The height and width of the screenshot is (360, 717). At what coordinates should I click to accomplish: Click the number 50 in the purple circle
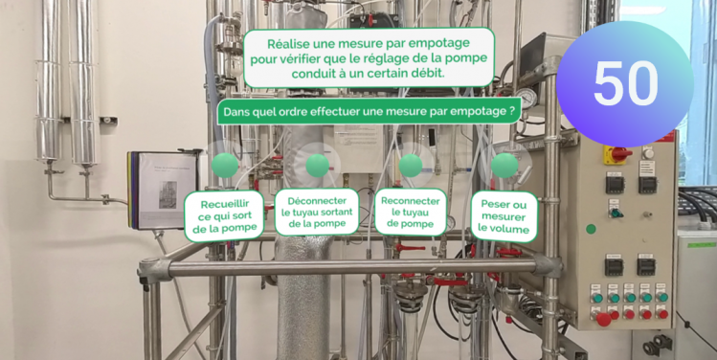click(625, 83)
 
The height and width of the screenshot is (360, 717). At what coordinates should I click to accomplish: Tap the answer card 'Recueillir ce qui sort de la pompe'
click(224, 216)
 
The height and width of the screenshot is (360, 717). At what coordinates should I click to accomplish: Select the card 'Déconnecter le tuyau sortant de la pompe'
click(317, 213)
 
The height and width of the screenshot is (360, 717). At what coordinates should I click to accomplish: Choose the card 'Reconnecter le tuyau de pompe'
click(410, 213)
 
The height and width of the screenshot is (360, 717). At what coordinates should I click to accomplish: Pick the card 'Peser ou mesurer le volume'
click(504, 216)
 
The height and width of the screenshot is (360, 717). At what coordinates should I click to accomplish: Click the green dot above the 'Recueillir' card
click(225, 165)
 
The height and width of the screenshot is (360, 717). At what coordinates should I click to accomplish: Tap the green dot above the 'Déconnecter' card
click(318, 165)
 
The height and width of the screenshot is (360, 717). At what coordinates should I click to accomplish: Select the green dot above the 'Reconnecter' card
click(411, 165)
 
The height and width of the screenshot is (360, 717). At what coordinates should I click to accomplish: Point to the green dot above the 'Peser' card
click(504, 165)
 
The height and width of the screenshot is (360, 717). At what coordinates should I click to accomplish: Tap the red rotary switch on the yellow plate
click(616, 154)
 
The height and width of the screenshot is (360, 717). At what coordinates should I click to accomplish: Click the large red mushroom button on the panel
click(603, 319)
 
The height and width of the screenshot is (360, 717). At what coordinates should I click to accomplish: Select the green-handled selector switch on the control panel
click(615, 213)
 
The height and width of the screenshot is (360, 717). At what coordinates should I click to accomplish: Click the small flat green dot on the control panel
click(591, 229)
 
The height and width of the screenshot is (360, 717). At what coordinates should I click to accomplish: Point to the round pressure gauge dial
click(527, 98)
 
